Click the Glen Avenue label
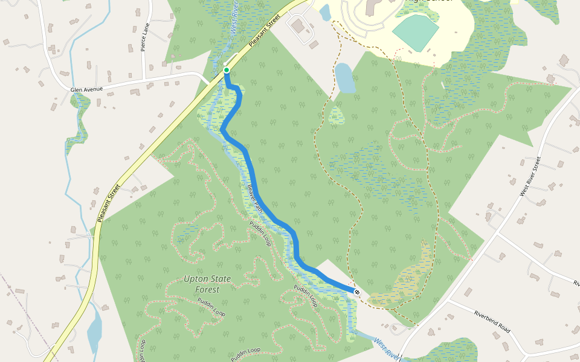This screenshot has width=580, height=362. (x=86, y=89)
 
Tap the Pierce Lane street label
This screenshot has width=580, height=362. (x=144, y=37)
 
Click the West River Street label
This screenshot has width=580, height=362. (x=530, y=176)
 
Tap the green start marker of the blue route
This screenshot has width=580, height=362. (x=227, y=71)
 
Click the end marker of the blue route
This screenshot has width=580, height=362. (x=358, y=292)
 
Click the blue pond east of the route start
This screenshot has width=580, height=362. (x=345, y=78)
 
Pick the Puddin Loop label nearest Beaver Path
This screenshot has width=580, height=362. (x=260, y=233)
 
